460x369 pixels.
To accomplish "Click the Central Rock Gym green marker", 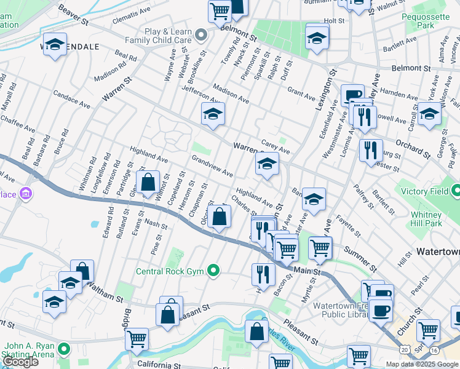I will pyautogui.click(x=213, y=270).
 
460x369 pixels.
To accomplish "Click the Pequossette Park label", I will pyautogui.click(x=426, y=21).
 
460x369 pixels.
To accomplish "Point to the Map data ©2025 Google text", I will pyautogui.click(x=422, y=363).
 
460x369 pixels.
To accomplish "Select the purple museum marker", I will pyautogui.click(x=26, y=195).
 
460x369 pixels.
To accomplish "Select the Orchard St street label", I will pyautogui.click(x=413, y=143).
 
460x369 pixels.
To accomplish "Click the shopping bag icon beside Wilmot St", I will pyautogui.click(x=148, y=183).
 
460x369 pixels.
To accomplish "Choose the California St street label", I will pyautogui.click(x=159, y=365).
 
